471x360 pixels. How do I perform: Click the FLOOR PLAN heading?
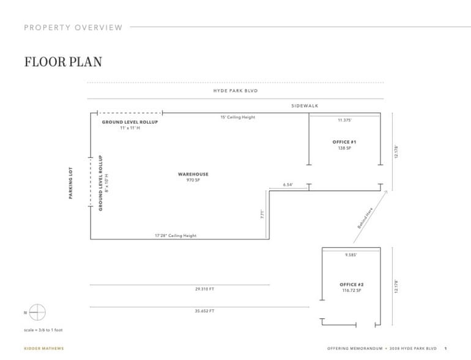click(63, 62)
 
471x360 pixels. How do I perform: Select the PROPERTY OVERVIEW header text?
click(73, 27)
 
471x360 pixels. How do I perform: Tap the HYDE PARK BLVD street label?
click(236, 91)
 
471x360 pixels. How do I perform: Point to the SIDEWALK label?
click(305, 106)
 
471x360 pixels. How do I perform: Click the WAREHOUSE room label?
click(193, 174)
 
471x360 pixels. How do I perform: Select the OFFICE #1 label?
click(344, 142)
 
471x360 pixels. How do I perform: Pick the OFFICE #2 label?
click(352, 285)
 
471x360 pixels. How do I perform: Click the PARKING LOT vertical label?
click(71, 184)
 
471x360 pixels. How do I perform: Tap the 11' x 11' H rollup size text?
click(130, 128)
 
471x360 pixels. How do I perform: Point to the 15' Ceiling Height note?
click(238, 117)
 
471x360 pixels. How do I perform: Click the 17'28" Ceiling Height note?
click(176, 236)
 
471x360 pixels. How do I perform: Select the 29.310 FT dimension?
click(204, 289)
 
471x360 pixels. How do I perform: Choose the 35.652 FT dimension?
click(204, 311)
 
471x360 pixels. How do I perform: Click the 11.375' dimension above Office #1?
click(344, 120)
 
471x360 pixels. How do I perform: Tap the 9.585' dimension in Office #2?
click(350, 255)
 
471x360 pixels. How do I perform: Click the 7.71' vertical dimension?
click(262, 214)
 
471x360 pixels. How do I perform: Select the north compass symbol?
click(37, 312)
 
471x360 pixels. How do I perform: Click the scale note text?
click(43, 330)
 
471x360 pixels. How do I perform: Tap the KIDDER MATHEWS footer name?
click(43, 348)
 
